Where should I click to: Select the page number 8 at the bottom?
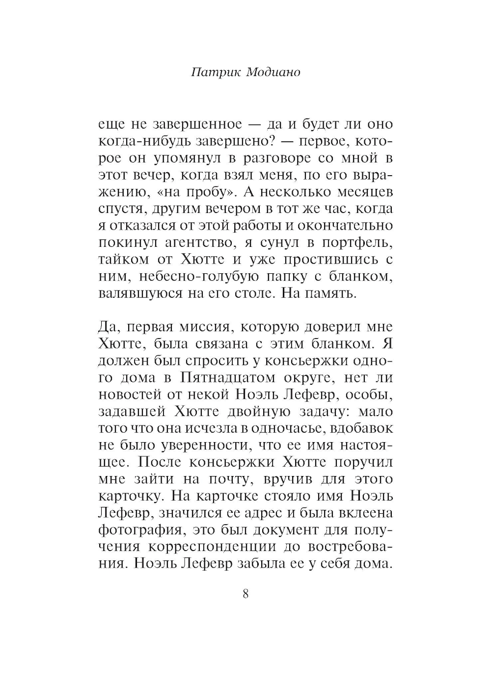[245, 594]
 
